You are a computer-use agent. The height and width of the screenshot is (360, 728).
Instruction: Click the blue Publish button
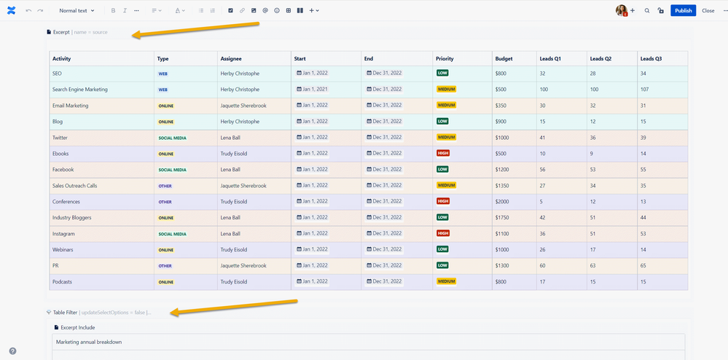(683, 11)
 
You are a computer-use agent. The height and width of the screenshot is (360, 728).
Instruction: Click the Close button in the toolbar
(708, 11)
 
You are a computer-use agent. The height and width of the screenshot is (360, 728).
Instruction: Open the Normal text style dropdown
(77, 11)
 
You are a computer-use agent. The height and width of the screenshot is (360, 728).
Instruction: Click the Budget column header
(504, 58)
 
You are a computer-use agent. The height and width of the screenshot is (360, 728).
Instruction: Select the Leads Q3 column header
(653, 58)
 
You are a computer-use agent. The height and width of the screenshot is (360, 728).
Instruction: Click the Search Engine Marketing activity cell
(80, 90)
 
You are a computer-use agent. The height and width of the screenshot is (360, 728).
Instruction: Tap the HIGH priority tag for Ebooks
(443, 154)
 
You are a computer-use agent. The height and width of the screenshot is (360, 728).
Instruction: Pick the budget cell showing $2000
(504, 202)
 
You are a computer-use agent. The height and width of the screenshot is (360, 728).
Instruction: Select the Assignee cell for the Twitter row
(233, 138)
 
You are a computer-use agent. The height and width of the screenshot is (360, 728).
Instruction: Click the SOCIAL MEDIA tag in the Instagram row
(172, 234)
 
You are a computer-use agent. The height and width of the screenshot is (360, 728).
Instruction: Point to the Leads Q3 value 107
(644, 90)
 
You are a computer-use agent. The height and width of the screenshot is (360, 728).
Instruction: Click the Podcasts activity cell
(63, 282)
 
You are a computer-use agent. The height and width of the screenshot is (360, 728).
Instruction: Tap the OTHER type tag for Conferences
(165, 202)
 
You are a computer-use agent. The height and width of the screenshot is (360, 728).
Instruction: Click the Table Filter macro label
(65, 313)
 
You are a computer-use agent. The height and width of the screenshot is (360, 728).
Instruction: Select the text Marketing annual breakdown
(89, 342)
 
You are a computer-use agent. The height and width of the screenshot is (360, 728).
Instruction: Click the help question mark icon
(12, 351)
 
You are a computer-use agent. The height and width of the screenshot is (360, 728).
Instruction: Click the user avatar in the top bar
(621, 11)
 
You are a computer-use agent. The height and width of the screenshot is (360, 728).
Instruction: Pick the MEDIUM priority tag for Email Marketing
(446, 106)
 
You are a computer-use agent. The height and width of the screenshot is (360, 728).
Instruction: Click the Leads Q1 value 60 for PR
(543, 266)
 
